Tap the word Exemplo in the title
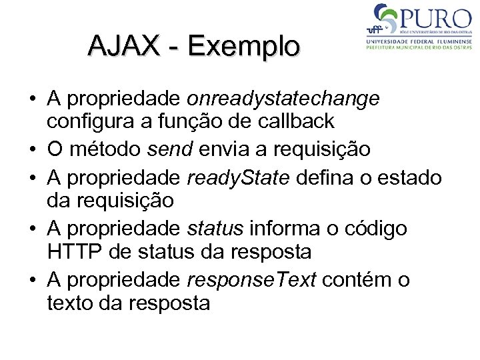pos(244,46)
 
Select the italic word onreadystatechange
pos(283,99)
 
